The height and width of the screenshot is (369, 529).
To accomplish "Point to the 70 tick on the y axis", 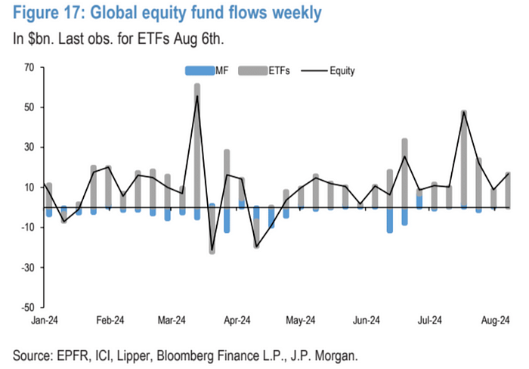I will (30, 67).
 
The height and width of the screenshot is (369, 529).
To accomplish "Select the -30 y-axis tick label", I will (28, 268).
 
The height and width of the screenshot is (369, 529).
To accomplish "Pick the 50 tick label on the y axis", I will (30, 107).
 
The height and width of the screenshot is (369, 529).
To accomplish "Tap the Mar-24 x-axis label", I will (173, 320).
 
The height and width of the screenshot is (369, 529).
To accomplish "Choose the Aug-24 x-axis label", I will (495, 320).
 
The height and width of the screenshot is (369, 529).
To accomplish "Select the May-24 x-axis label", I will (301, 320).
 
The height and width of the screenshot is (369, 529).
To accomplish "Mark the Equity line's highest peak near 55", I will (197, 96).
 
